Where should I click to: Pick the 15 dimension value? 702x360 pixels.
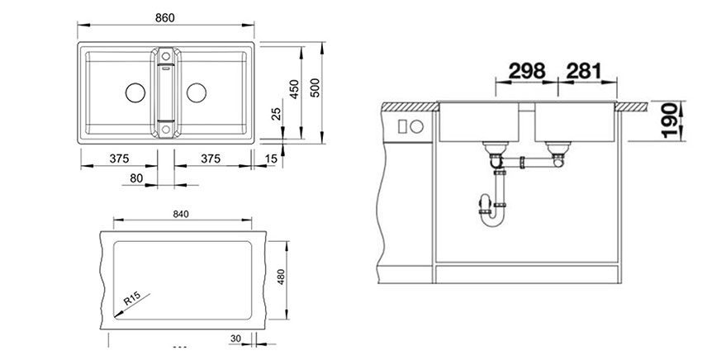(272, 159)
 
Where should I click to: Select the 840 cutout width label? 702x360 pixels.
(182, 215)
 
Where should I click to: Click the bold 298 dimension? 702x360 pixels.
(527, 71)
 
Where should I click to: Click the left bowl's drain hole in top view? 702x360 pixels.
(133, 92)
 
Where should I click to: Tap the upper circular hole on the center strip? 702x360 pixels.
(165, 57)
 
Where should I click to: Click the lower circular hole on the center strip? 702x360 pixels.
(165, 129)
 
